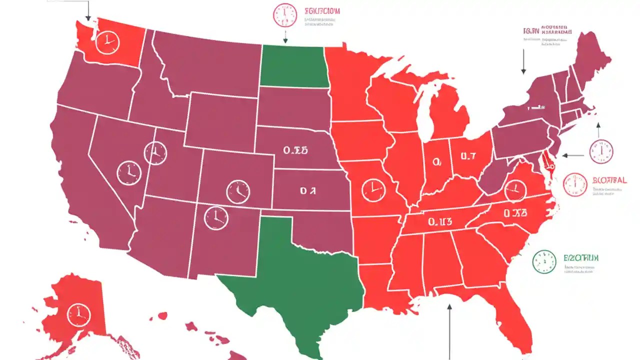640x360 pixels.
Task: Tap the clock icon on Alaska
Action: click(78, 314)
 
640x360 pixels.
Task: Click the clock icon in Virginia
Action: click(514, 189)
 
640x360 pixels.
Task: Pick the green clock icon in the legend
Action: click(544, 261)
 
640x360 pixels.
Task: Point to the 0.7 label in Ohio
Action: click(468, 156)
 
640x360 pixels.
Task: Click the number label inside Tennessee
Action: click(440, 220)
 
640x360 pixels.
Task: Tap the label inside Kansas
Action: click(308, 190)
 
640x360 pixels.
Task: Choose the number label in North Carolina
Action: click(515, 213)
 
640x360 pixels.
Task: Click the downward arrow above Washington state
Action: click(88, 10)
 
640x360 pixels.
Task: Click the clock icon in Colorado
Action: click(238, 191)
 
